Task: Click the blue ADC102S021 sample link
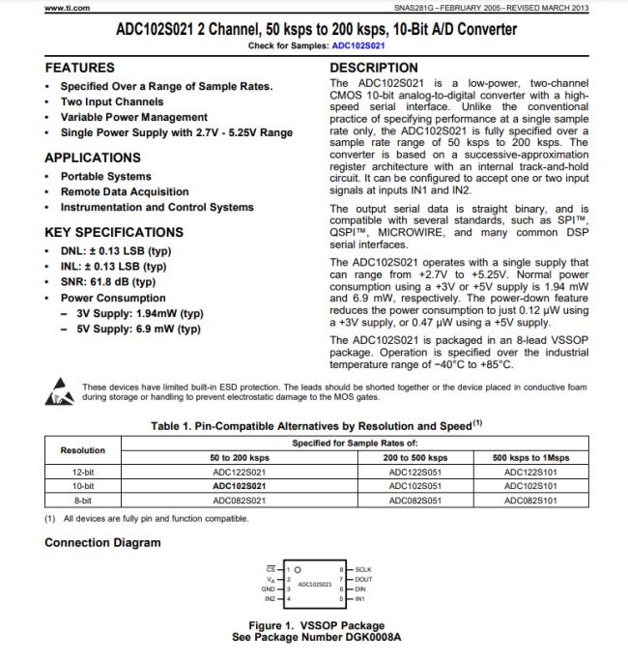pyautogui.click(x=358, y=45)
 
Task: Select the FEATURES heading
pyautogui.click(x=79, y=68)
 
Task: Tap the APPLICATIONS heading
pyautogui.click(x=93, y=158)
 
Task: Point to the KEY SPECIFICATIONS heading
pyautogui.click(x=114, y=232)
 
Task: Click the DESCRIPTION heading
pyautogui.click(x=374, y=68)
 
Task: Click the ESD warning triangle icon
pyautogui.click(x=60, y=392)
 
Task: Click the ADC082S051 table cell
pyautogui.click(x=414, y=501)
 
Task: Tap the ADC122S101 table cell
pyautogui.click(x=531, y=472)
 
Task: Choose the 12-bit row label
pyautogui.click(x=83, y=472)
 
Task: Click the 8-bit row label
pyautogui.click(x=83, y=501)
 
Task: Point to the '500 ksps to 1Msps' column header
pyautogui.click(x=531, y=456)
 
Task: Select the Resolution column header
pyautogui.click(x=83, y=449)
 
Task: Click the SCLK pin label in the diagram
pyautogui.click(x=364, y=570)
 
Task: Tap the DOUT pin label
pyautogui.click(x=364, y=579)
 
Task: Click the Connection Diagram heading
pyautogui.click(x=102, y=542)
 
